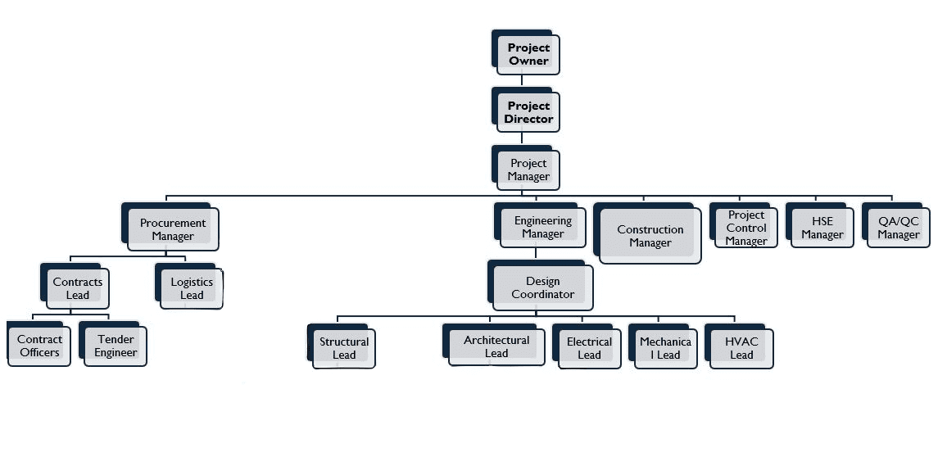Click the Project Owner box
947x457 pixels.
(528, 55)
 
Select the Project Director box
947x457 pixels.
(528, 112)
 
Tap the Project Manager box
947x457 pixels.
(528, 170)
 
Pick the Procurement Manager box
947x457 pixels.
(173, 229)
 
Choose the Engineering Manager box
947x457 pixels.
(543, 228)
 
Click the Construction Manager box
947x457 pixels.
(650, 236)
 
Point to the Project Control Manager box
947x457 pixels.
(745, 228)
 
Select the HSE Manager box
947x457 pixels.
(822, 228)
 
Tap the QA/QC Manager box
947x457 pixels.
(898, 228)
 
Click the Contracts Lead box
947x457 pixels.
(77, 288)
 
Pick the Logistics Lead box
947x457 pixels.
(191, 288)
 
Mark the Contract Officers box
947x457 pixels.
(39, 346)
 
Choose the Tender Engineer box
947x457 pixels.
(115, 346)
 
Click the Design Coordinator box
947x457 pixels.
(542, 287)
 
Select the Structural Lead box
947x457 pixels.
(343, 348)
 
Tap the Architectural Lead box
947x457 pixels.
(496, 346)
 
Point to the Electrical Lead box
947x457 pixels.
(589, 348)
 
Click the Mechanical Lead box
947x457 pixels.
(665, 348)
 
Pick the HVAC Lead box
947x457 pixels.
(741, 348)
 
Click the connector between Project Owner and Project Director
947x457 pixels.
(523, 82)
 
